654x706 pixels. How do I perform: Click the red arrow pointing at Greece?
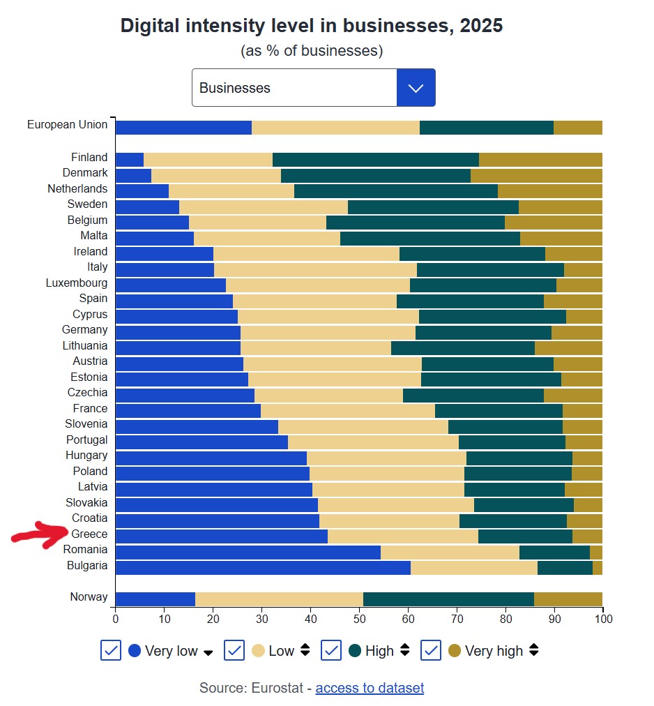(40, 535)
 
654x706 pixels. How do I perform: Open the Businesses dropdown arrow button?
(416, 88)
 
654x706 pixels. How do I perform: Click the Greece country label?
(89, 534)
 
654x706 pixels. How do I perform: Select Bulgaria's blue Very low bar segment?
(262, 567)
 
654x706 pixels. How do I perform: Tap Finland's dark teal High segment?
(375, 159)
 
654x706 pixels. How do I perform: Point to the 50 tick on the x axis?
(359, 618)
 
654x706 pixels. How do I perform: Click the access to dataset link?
(370, 688)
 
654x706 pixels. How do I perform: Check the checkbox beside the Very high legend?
(432, 651)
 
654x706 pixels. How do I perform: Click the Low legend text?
(282, 651)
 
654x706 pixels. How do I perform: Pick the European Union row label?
(68, 125)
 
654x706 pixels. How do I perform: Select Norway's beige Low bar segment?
(279, 599)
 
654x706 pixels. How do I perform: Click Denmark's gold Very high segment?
(536, 175)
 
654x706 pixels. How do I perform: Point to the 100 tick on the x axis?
(602, 618)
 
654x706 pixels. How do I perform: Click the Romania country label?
(86, 550)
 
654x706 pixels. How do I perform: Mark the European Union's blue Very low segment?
(183, 127)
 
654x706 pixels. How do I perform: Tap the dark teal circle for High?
(355, 651)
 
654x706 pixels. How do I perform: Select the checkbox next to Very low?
(111, 651)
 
